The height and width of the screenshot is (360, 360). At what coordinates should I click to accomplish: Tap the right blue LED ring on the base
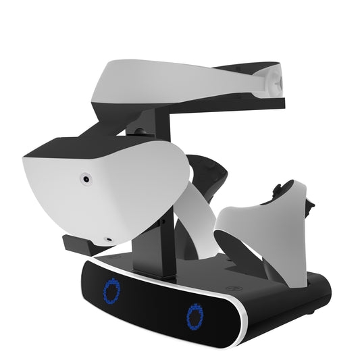[x=196, y=315]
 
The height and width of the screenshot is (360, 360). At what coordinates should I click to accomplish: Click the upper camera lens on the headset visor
[x=86, y=179]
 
